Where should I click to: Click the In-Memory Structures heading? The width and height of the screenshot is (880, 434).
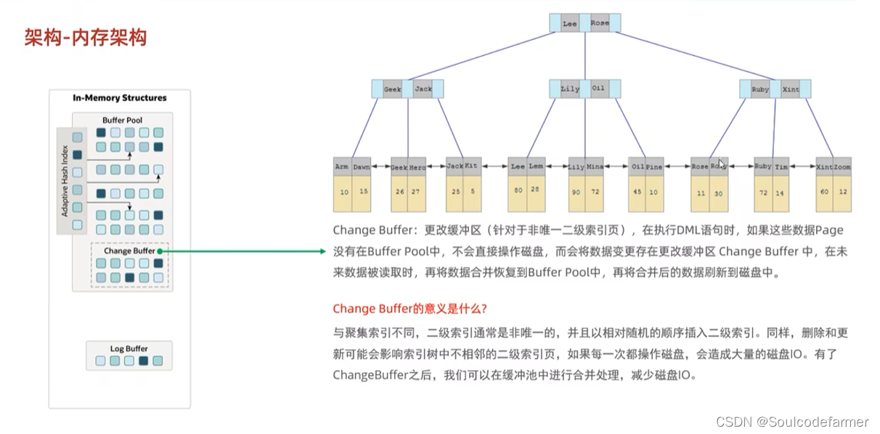[120, 97]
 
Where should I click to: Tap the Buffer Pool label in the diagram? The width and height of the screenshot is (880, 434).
[123, 120]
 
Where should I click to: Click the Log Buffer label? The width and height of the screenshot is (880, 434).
[129, 348]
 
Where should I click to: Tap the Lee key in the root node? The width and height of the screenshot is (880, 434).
[569, 23]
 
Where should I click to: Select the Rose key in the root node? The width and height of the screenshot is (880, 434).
[599, 23]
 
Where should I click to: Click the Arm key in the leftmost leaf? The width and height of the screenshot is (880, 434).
[342, 166]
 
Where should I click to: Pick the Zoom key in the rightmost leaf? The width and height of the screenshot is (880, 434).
[842, 166]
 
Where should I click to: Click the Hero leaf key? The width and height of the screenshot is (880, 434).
[417, 166]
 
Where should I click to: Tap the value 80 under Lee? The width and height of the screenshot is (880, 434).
[518, 190]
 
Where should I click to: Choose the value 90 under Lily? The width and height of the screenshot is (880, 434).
[577, 192]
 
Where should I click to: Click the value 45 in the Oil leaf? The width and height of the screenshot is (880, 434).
[637, 192]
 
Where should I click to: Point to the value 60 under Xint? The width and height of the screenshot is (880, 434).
[824, 192]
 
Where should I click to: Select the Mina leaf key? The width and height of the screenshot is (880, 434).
[595, 166]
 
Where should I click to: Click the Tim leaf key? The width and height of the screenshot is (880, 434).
[781, 166]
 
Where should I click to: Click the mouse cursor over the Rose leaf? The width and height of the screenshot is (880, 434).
[720, 163]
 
